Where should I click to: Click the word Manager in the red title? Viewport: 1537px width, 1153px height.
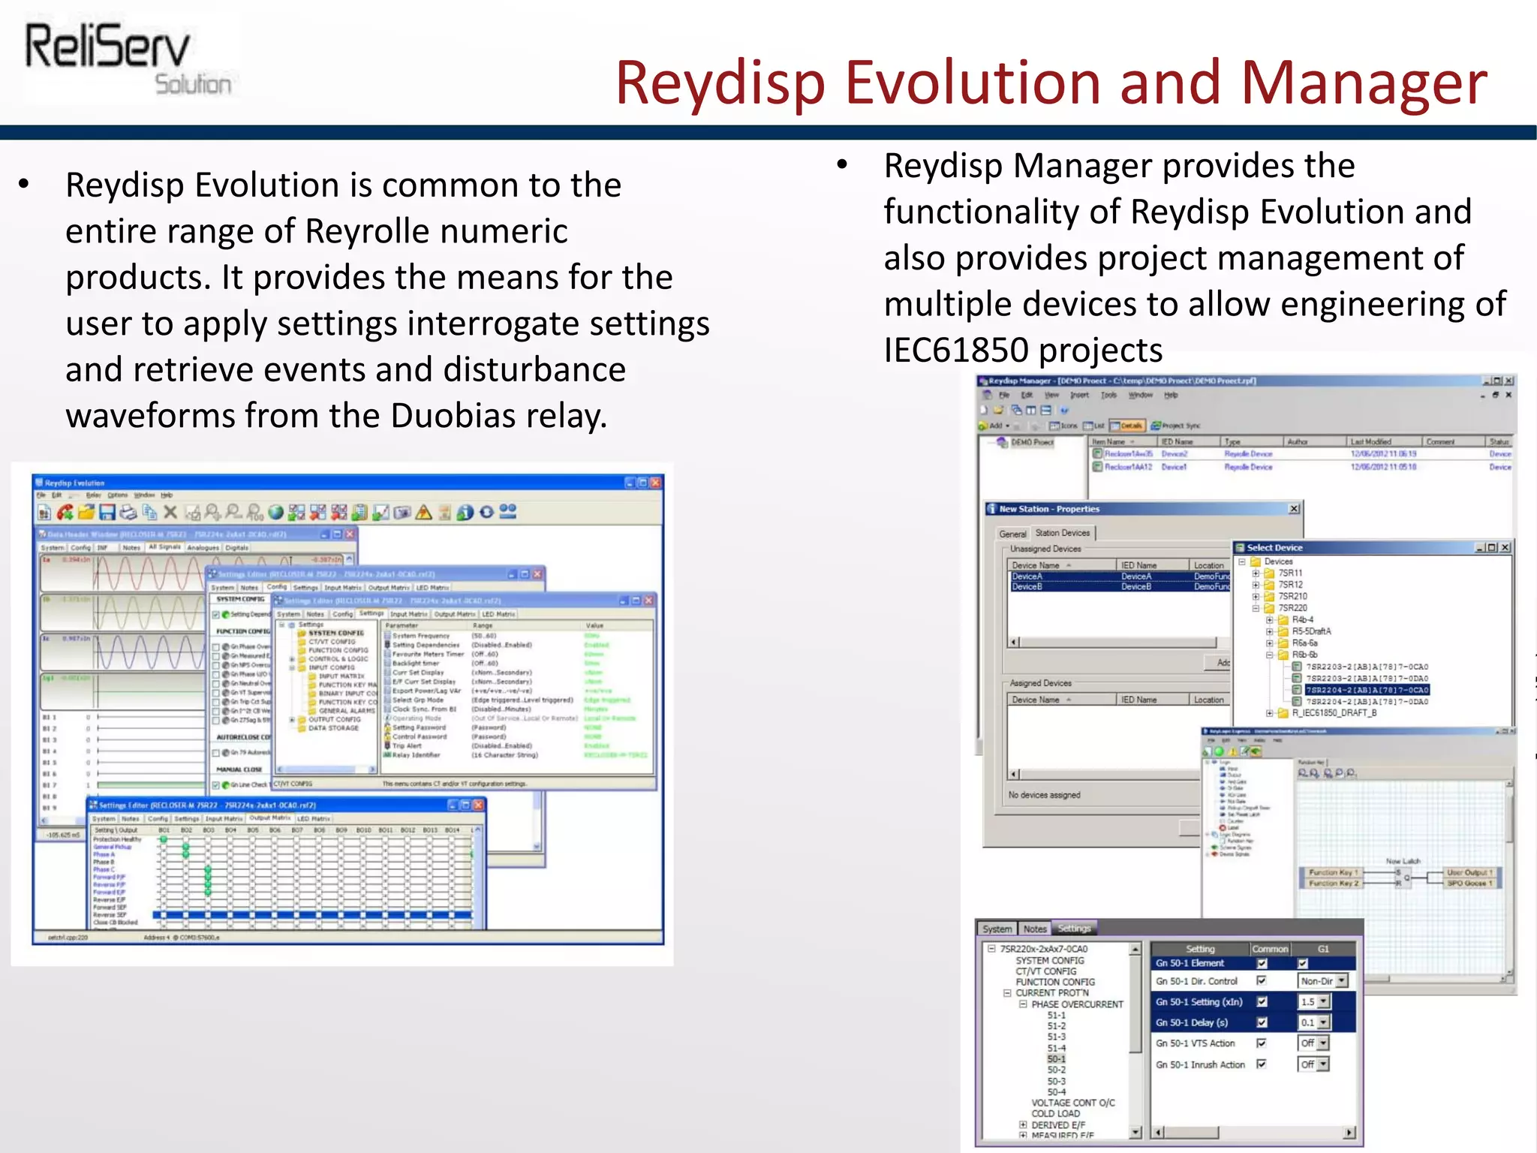1362,83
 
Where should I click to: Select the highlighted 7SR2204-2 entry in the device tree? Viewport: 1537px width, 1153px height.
1366,690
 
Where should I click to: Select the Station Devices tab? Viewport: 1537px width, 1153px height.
1061,533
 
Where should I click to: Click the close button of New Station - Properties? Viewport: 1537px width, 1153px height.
1294,509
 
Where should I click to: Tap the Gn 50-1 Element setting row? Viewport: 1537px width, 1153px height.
1190,963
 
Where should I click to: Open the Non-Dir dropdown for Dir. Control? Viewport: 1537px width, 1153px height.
1342,981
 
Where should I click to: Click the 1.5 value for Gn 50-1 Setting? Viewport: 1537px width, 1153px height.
1308,1002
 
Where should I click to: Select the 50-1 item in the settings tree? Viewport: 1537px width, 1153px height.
1056,1059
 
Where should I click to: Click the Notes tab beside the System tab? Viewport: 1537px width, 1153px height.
1034,929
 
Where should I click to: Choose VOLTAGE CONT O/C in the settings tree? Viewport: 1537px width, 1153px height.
1072,1103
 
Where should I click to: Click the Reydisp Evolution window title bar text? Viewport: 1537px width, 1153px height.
74,483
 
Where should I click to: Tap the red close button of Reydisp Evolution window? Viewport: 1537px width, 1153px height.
655,483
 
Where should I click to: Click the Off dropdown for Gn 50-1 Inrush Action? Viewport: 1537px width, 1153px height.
1322,1064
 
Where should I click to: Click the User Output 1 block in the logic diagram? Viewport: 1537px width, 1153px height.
1469,872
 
